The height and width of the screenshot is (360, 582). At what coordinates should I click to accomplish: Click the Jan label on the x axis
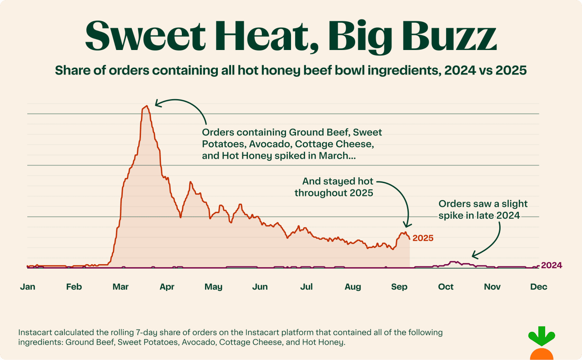27,287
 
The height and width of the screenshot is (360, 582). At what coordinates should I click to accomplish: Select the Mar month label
120,287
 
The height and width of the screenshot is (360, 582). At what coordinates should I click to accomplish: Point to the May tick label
213,287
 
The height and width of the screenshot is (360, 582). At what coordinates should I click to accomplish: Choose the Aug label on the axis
353,287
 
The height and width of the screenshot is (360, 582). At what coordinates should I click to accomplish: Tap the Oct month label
446,287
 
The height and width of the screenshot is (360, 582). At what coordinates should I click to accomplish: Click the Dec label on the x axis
539,287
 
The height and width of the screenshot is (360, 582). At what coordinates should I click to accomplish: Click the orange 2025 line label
423,238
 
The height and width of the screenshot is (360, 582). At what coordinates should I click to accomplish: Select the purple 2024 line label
552,265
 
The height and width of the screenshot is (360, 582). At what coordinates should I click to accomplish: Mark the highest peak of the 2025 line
146,106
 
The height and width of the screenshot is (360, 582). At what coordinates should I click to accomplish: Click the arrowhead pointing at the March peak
157,103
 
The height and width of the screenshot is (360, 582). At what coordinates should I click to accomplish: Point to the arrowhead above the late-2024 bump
474,256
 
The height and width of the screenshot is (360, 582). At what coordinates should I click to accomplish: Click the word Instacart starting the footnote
36,333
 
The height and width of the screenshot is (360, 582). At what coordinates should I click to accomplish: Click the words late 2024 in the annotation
500,215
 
